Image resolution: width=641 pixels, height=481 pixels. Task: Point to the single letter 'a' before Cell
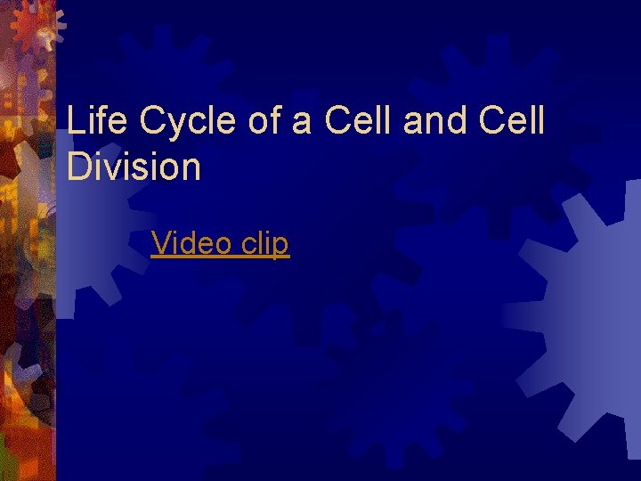tap(302, 122)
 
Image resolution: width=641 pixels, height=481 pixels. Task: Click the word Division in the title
tap(134, 167)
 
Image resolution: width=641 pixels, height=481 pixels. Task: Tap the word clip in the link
tap(261, 242)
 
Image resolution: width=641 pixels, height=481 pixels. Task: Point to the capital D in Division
tap(77, 167)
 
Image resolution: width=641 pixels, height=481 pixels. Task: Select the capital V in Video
tap(160, 242)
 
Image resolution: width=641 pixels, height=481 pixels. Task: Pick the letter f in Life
tap(99, 120)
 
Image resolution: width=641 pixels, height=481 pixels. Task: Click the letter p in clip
tap(281, 246)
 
